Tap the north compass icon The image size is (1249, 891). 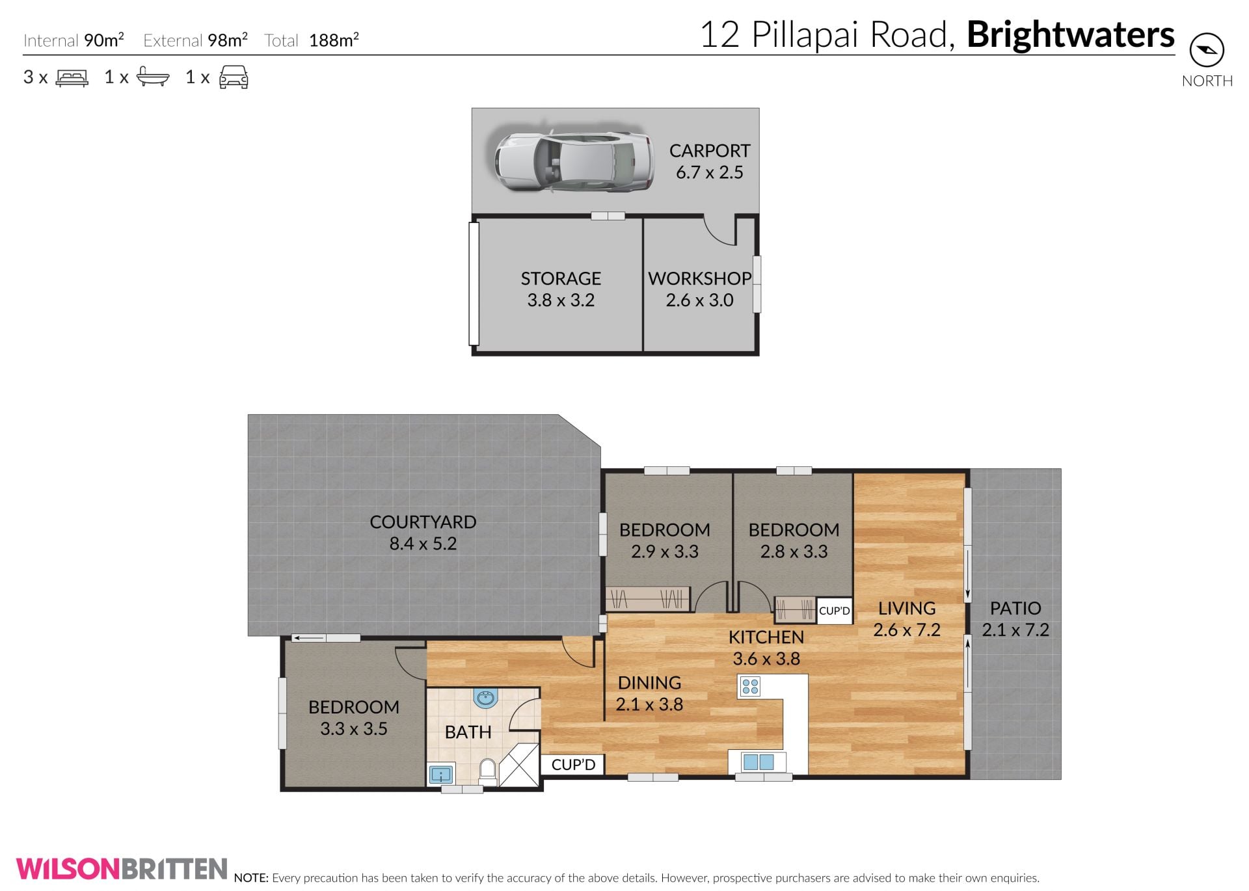pyautogui.click(x=1207, y=50)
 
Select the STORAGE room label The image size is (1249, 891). pyautogui.click(x=561, y=278)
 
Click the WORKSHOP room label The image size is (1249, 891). pyautogui.click(x=700, y=278)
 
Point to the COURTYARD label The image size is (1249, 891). pyautogui.click(x=423, y=522)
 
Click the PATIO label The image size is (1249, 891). pyautogui.click(x=1015, y=608)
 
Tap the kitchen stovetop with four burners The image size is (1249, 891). pyautogui.click(x=750, y=686)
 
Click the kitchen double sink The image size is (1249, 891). pyautogui.click(x=758, y=762)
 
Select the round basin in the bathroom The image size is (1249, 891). pyautogui.click(x=485, y=698)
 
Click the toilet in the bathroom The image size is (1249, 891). pyautogui.click(x=487, y=771)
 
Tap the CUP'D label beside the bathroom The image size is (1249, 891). pyautogui.click(x=573, y=765)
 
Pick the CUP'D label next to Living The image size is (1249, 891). pyautogui.click(x=835, y=611)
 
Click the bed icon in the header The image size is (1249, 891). pyautogui.click(x=72, y=78)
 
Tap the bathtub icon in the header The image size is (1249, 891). pyautogui.click(x=153, y=77)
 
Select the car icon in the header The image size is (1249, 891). pyautogui.click(x=234, y=77)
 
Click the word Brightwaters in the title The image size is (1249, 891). pyautogui.click(x=1071, y=34)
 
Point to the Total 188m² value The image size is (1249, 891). pyautogui.click(x=334, y=40)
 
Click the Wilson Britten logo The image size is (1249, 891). pyautogui.click(x=122, y=869)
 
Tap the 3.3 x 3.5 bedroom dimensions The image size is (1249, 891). pyautogui.click(x=354, y=728)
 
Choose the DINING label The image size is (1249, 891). pyautogui.click(x=649, y=683)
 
